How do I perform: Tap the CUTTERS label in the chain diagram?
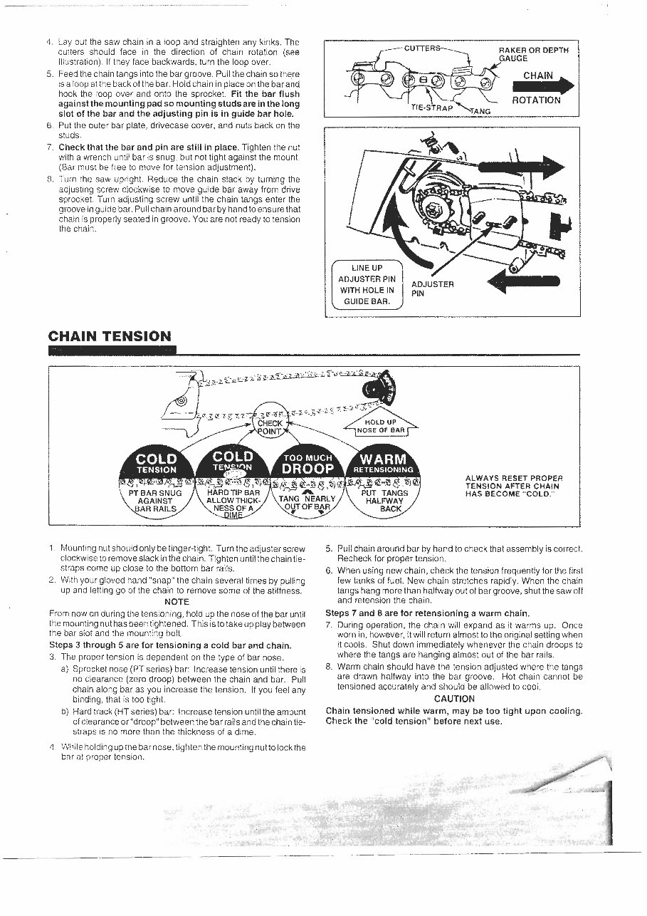coord(422,48)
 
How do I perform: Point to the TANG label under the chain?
coord(480,111)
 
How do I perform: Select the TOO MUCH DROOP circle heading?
coord(308,464)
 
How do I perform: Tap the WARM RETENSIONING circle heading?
coord(384,463)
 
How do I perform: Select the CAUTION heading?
coord(453,699)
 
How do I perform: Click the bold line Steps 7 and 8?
coord(427,613)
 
